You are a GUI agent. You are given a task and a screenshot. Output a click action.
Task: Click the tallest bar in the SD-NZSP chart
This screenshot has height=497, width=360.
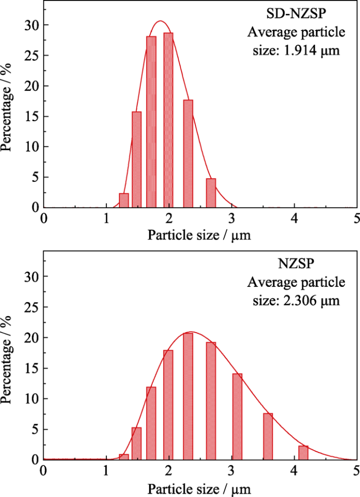click(x=168, y=120)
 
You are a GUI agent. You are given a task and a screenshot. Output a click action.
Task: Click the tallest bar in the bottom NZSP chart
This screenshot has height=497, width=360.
click(x=188, y=396)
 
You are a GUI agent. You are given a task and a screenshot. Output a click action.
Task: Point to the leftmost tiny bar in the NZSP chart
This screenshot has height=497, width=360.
click(x=123, y=457)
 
